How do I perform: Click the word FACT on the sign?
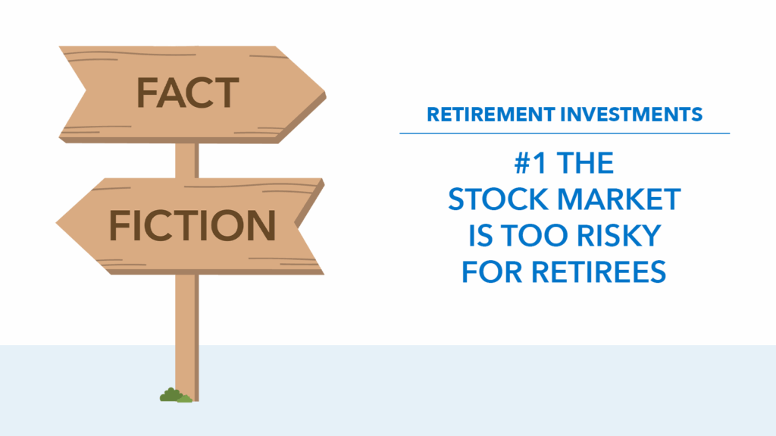click(188, 93)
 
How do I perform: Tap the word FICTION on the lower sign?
click(192, 225)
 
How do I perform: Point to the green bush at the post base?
click(176, 395)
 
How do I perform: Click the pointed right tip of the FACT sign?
click(325, 93)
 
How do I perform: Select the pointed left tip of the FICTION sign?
click(56, 223)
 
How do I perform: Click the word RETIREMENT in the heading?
click(491, 114)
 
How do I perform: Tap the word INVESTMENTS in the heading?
click(631, 114)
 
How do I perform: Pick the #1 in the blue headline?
click(530, 163)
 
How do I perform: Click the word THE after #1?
click(585, 163)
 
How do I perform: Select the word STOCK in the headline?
click(499, 199)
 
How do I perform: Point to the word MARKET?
click(619, 199)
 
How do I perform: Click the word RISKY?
click(618, 235)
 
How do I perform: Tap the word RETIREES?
click(599, 272)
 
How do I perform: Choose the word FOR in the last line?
click(492, 272)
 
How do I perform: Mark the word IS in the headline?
click(480, 235)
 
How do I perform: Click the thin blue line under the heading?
click(565, 133)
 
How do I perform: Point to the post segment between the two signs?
click(187, 161)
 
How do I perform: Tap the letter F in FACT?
click(146, 93)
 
